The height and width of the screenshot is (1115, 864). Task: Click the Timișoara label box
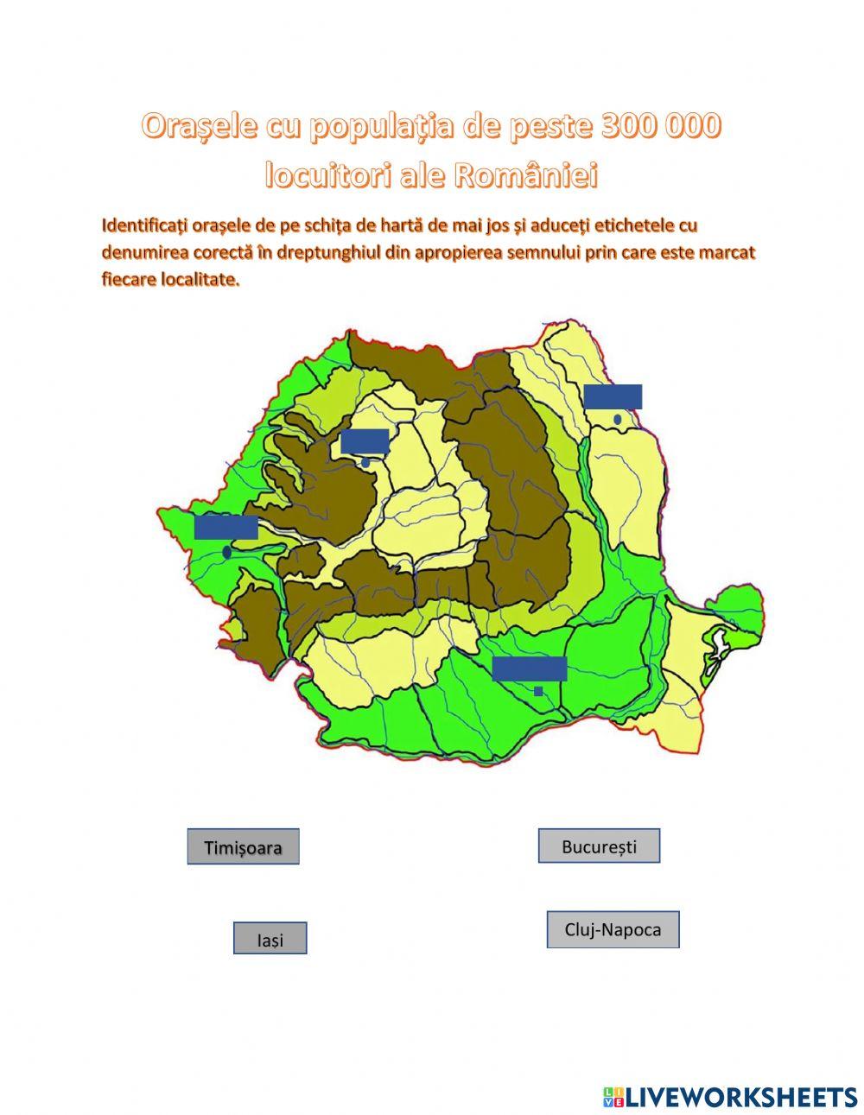243,847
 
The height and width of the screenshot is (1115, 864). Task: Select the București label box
599,846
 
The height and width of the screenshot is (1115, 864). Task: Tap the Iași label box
270,939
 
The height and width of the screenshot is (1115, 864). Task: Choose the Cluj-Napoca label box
613,930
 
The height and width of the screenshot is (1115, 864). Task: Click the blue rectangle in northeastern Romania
613,396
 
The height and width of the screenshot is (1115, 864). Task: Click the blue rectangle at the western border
226,527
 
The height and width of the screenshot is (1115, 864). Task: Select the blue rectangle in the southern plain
529,668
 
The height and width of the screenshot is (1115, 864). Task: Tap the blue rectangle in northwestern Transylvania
365,440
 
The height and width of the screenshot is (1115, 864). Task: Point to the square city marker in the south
538,691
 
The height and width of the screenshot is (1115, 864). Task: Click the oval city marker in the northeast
618,419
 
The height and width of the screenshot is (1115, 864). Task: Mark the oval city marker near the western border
226,552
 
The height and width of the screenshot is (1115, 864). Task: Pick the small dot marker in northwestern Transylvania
365,463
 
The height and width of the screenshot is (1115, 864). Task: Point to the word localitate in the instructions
200,281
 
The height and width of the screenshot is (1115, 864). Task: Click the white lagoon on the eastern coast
716,643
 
